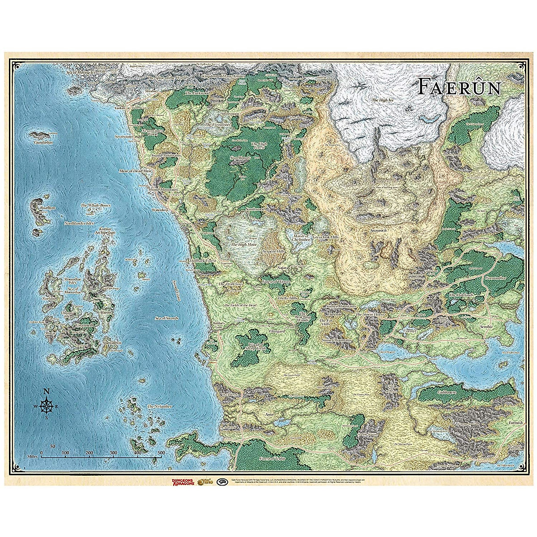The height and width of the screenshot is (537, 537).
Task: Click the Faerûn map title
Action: tap(459, 87)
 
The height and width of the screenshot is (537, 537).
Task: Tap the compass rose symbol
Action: tap(47, 405)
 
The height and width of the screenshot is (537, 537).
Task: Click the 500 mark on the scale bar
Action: tap(161, 452)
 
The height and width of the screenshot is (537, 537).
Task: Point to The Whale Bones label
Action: tap(95, 205)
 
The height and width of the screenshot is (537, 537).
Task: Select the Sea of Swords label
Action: tap(166, 318)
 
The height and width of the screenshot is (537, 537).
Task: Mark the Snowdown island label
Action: tap(112, 342)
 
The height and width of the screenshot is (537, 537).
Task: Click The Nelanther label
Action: tap(160, 406)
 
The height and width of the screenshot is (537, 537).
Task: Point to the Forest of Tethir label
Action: tap(273, 459)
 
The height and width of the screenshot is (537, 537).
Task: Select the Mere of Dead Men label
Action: tap(136, 171)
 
